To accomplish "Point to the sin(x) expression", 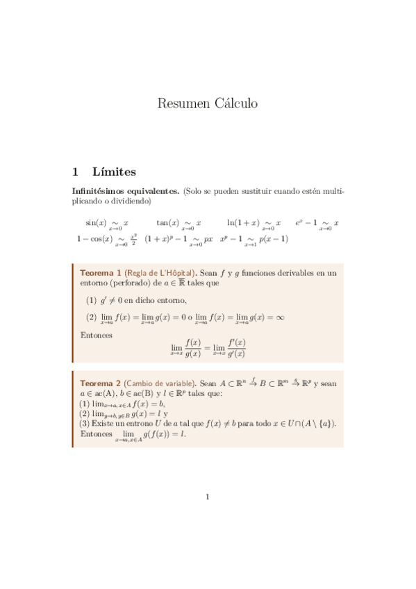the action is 96,223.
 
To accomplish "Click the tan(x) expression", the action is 167,223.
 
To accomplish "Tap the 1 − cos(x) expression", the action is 94,239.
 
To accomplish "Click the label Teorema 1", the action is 101,273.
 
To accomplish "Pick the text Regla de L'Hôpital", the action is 159,273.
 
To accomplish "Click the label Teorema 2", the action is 101,383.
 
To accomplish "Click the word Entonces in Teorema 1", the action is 97,335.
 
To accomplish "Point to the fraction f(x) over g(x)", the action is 193,348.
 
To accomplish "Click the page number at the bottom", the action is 207,496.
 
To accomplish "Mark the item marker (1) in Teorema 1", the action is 91,300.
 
